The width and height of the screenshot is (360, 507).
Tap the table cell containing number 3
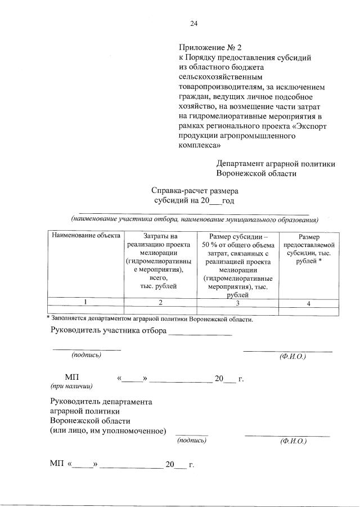238,303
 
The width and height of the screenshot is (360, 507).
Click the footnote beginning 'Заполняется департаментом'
152,319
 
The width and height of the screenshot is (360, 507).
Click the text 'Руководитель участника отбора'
109,330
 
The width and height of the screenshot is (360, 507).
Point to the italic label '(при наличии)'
71,386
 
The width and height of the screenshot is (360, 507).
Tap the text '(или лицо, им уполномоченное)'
108,430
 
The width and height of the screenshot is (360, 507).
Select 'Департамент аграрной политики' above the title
276,163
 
